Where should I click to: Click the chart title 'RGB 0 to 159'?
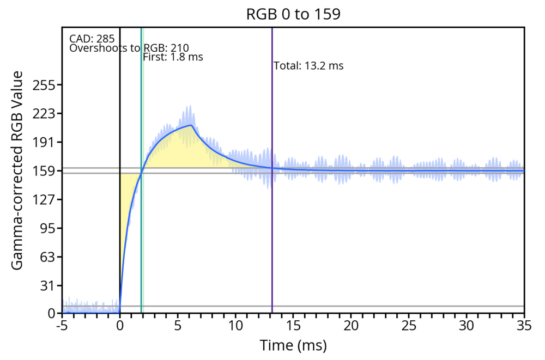point(293,14)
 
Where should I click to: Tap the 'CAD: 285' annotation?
point(92,39)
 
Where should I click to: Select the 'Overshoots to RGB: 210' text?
point(129,48)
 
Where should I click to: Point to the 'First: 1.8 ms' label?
point(173,57)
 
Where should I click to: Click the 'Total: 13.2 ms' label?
point(308,66)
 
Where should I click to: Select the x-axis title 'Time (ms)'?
point(293,346)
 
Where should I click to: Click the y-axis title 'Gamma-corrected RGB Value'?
point(17,170)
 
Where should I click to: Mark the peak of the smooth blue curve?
point(191,125)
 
